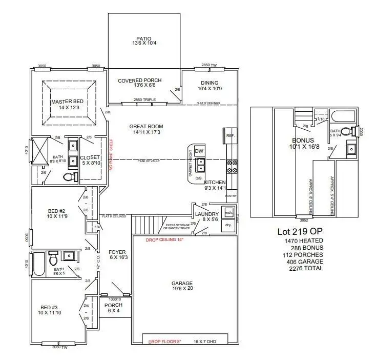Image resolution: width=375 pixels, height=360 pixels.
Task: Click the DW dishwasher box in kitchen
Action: tap(199, 151)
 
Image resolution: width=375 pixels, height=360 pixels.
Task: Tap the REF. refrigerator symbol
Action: tap(230, 135)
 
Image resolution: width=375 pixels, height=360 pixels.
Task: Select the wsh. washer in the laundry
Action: tap(228, 212)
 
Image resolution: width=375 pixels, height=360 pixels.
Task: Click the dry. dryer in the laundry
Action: tap(228, 225)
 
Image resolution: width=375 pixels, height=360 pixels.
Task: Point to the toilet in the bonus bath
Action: tap(350, 131)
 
